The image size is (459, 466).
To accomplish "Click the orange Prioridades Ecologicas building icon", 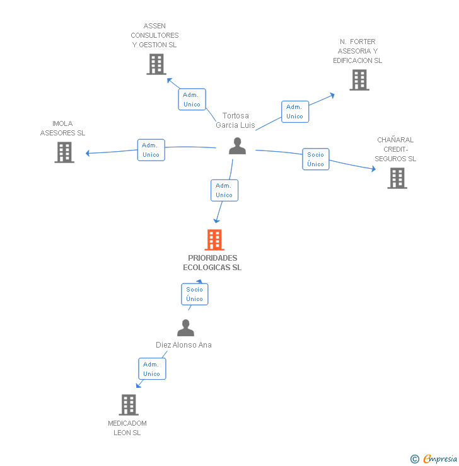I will coord(214,240).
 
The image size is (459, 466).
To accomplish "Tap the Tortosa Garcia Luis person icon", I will coord(237,146).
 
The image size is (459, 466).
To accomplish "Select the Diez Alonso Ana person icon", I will coord(185,328).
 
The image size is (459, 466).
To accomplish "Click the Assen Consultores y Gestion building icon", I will coord(156,64).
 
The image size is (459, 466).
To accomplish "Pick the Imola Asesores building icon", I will coord(64,152).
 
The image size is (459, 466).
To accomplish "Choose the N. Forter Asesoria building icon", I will coord(359,80).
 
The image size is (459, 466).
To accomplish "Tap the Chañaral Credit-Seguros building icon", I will coord(397,178).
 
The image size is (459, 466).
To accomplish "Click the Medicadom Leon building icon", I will coord(129,405).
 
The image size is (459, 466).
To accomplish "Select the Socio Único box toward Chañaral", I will coord(315,159).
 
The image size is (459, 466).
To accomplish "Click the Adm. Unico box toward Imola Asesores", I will coord(151,150).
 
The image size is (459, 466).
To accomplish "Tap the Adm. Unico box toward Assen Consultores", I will coord(192,99).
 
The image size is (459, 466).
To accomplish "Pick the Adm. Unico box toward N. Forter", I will coord(294,111).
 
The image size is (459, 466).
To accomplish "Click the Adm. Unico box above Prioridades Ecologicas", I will coord(224,190).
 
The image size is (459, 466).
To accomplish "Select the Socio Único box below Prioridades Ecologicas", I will coord(194,294).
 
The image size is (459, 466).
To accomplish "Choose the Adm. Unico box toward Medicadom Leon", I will coord(151,369).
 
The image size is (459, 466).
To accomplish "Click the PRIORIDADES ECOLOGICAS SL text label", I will coord(212,263).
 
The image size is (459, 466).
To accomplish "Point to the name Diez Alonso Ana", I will coord(183,345).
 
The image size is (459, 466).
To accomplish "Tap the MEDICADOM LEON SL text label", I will coord(127,428).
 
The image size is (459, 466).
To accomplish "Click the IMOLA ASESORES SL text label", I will coord(62,128).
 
